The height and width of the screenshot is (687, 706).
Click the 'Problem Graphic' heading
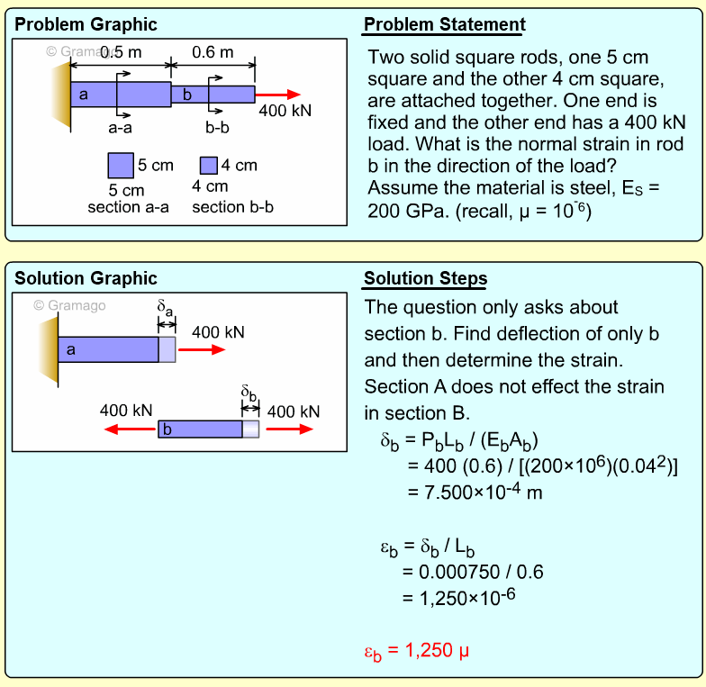(86, 24)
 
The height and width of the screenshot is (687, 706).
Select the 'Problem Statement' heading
(445, 24)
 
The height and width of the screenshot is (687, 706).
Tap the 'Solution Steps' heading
(426, 278)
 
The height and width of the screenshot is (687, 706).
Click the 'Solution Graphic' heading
(86, 278)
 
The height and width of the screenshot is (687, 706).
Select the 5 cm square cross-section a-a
(121, 166)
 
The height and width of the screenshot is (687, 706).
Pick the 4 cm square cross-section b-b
(209, 165)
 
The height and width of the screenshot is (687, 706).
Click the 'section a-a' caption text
(129, 207)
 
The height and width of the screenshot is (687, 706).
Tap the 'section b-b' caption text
(233, 207)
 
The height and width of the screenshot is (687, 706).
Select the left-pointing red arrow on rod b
(131, 429)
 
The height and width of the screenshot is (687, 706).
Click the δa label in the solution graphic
(166, 308)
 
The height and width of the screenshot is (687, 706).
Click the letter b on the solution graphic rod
(166, 429)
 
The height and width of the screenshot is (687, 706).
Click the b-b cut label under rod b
(217, 127)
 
